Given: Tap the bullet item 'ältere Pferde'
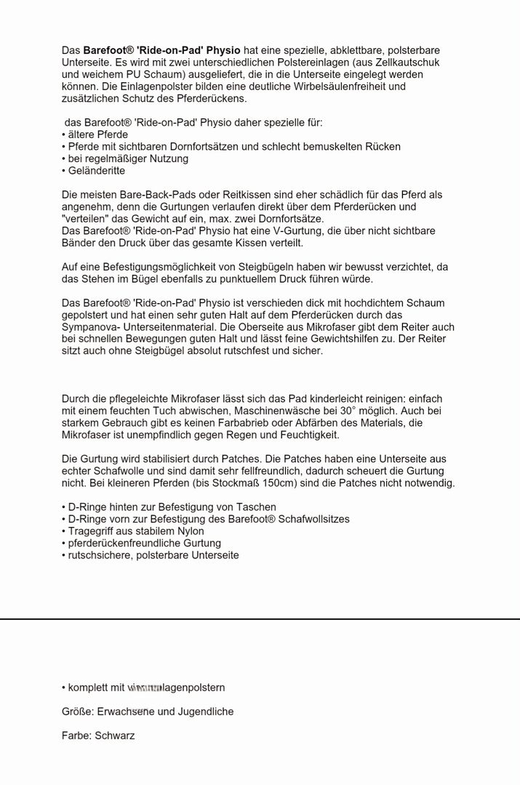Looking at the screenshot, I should point(97,134).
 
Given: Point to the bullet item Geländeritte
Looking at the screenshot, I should point(96,170).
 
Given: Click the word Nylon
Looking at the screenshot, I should point(190,531).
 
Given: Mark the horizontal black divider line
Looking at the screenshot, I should point(260,619).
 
